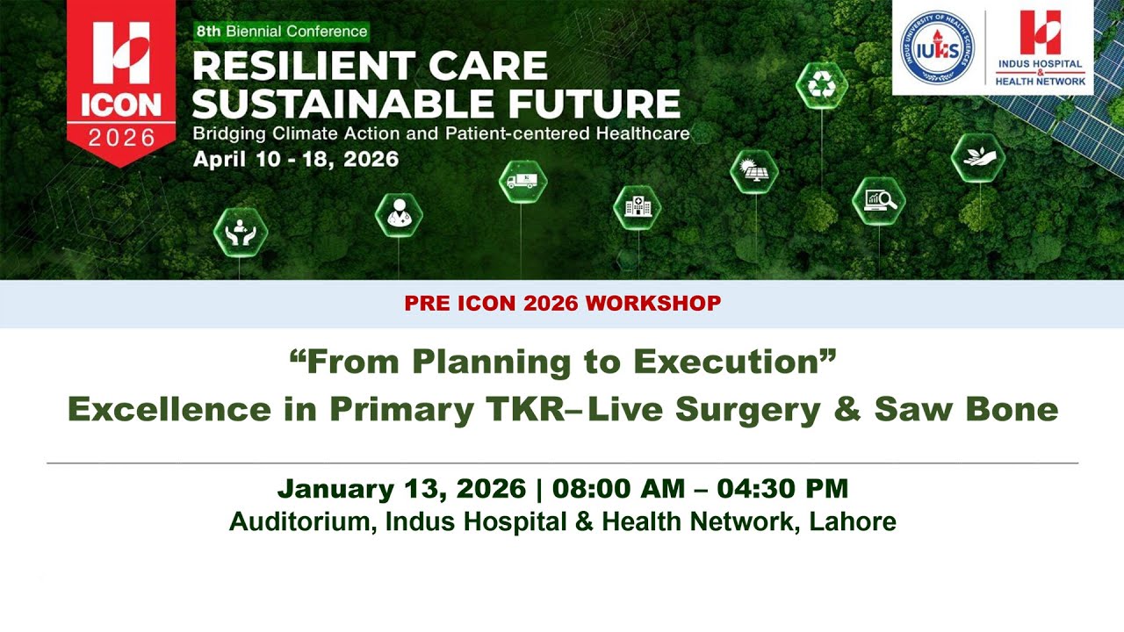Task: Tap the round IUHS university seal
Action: click(x=937, y=49)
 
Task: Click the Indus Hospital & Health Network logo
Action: click(x=1041, y=47)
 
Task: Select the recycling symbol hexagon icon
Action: click(x=821, y=85)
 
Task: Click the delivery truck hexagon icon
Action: click(x=523, y=182)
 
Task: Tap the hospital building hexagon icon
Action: click(x=637, y=208)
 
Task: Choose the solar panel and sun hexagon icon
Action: click(x=754, y=171)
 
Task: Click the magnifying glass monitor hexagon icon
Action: click(x=879, y=202)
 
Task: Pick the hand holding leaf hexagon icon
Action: click(x=977, y=158)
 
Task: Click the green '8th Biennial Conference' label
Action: click(x=281, y=32)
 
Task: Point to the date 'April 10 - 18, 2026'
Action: click(x=296, y=160)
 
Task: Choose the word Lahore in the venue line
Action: click(x=853, y=521)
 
